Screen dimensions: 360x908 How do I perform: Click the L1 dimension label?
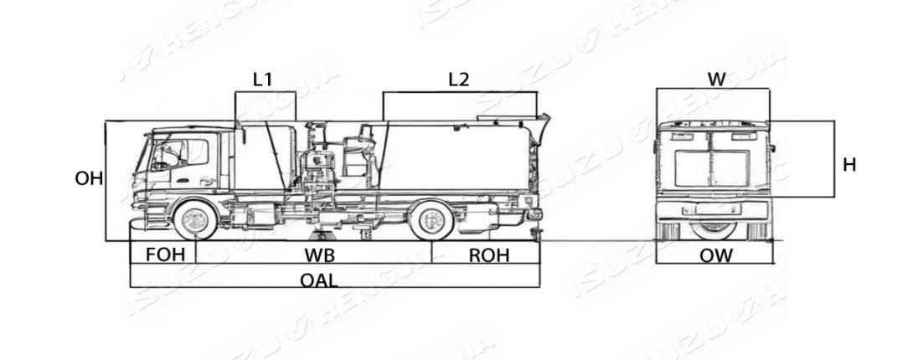pos(263,80)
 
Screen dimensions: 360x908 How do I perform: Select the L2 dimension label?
pos(458,80)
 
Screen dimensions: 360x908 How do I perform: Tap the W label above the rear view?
pos(716,80)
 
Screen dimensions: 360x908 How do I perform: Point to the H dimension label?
pos(849,165)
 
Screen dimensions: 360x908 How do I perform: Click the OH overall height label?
pos(89,178)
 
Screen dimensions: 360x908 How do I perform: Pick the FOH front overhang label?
pos(163,255)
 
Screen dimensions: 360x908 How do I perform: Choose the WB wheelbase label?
pos(314,255)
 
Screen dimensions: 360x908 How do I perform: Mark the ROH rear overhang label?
pos(488,255)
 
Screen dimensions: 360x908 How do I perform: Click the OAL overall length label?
pos(319,280)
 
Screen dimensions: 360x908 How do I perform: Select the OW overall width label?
pos(716,255)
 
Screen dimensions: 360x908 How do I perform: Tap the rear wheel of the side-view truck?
pos(431,220)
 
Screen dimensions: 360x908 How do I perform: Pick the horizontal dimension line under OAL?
pos(335,287)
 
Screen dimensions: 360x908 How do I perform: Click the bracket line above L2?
pos(460,92)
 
